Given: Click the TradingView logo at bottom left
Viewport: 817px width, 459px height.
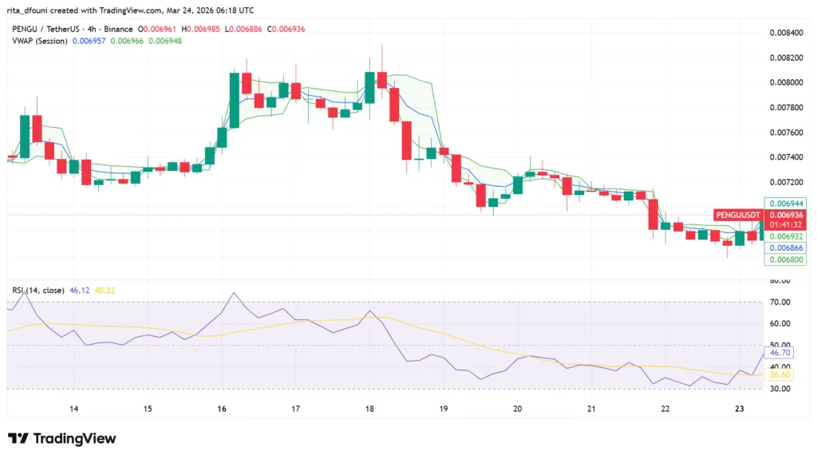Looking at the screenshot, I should point(62,438).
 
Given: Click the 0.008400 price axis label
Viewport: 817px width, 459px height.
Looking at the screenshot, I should point(785,33).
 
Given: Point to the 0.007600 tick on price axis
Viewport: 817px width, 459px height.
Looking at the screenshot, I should point(785,132).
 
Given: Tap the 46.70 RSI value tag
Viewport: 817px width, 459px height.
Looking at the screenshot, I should point(779,352).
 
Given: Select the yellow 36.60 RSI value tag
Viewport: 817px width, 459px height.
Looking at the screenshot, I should point(779,374).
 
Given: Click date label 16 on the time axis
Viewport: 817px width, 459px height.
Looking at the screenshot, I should point(221,409).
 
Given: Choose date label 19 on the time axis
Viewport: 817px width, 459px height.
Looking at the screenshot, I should point(444,409).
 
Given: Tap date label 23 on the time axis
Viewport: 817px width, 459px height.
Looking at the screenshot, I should point(740,409).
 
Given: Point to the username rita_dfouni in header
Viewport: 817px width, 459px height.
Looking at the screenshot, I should point(31,10).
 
